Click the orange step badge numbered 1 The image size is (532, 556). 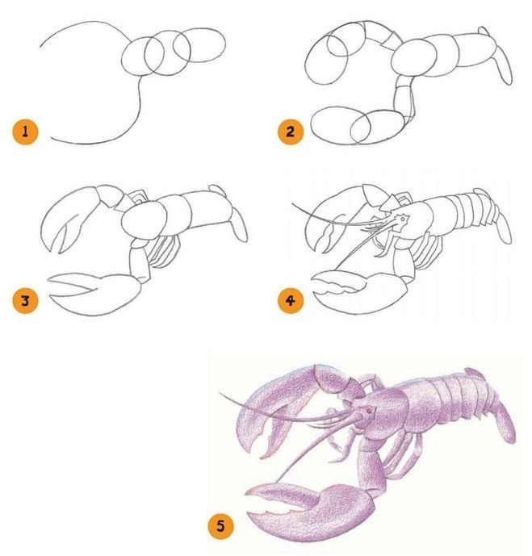(x=25, y=132)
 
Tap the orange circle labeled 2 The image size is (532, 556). (x=290, y=132)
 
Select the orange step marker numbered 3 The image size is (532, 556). (x=25, y=301)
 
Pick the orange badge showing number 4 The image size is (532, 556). (x=290, y=301)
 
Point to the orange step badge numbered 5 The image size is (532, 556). (x=220, y=526)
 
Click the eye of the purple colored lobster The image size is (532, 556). (x=370, y=410)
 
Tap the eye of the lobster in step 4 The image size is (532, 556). (x=403, y=219)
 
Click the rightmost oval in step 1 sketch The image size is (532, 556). (x=199, y=45)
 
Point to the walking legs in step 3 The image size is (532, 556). (x=164, y=252)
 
